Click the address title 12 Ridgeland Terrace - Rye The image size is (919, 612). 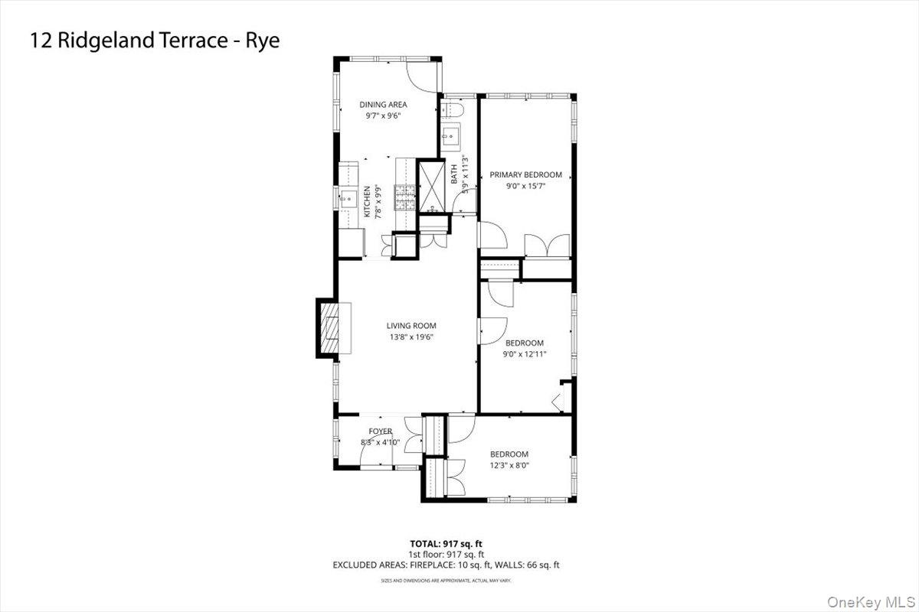155,41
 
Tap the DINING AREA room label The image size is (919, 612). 383,105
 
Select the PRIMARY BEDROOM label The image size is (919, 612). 525,174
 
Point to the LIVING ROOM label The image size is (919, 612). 411,326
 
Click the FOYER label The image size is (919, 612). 381,431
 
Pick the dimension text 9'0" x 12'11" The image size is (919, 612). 525,354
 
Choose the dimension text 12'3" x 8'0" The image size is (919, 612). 509,465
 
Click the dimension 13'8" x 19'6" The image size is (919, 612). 411,337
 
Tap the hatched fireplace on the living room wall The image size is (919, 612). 329,328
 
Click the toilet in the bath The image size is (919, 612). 452,109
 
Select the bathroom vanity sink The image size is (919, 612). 450,134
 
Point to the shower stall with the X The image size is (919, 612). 431,187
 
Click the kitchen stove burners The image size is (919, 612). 405,197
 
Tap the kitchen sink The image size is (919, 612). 348,199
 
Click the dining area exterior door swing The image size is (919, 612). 422,77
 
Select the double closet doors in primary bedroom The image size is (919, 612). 548,245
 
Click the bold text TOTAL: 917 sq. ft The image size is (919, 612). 446,544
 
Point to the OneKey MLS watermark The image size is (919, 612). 871,602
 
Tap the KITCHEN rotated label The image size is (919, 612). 367,202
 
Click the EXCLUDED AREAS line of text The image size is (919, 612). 446,565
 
